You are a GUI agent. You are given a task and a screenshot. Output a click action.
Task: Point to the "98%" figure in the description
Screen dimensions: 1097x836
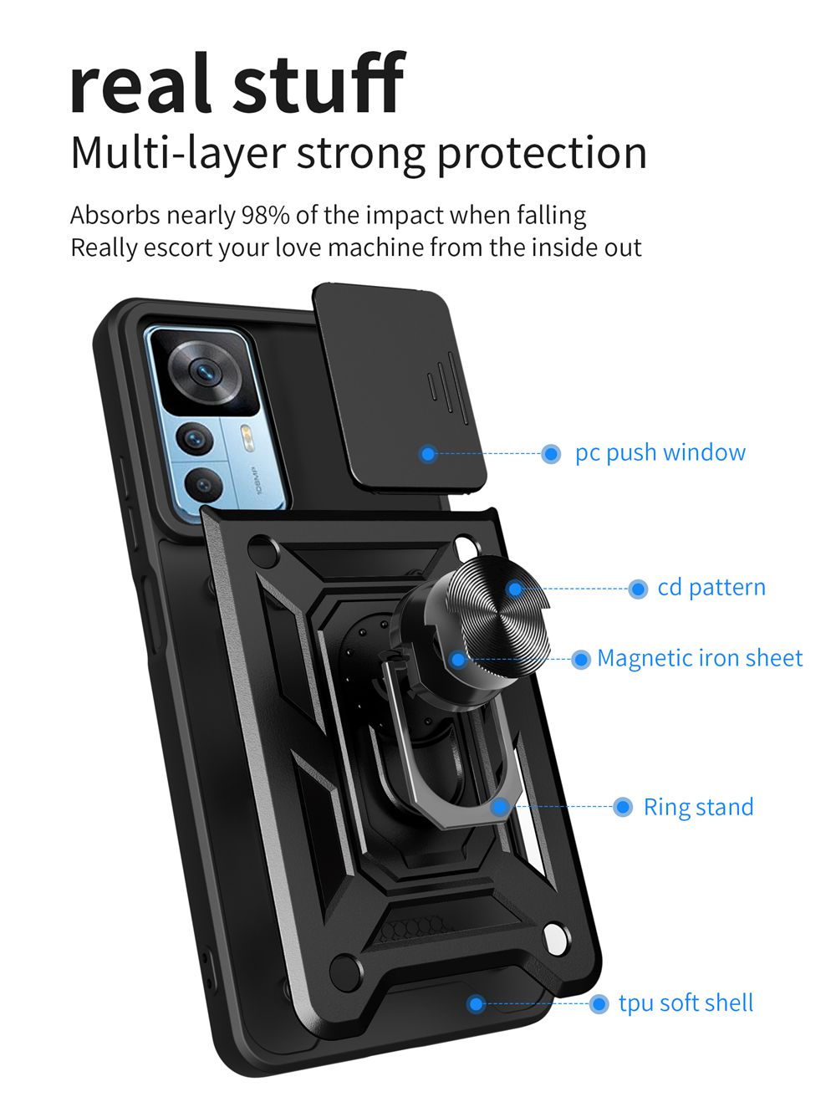(265, 216)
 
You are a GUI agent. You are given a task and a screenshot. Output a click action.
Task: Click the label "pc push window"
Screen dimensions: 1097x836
(660, 453)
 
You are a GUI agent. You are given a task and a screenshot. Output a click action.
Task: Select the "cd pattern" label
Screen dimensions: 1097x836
(711, 588)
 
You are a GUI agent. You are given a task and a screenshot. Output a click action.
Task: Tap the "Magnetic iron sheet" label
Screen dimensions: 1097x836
(699, 659)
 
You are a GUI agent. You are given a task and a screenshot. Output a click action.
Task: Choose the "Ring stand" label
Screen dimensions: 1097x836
(698, 808)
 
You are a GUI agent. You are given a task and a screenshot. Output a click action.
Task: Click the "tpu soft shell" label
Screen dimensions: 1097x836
(686, 1003)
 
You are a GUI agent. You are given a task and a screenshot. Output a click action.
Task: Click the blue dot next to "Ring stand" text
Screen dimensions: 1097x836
(623, 807)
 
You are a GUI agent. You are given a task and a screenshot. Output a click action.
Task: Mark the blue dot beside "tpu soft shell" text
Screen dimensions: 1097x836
(599, 1003)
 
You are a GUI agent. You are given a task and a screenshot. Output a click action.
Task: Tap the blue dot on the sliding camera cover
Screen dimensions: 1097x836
(428, 454)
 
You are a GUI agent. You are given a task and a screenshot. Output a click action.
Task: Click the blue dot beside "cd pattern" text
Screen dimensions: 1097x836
(638, 589)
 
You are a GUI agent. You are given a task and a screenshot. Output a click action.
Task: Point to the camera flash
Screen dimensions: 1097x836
(246, 434)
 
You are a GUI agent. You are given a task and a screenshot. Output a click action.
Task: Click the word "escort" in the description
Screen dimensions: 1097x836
(179, 248)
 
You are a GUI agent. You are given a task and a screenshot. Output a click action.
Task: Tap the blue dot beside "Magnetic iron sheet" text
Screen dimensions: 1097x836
(581, 660)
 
